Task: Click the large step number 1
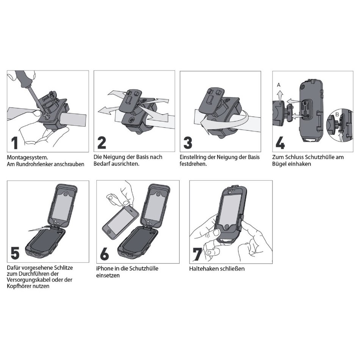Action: click(x=15, y=143)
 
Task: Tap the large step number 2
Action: click(x=102, y=142)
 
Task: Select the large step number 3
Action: click(x=188, y=142)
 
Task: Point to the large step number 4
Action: click(x=280, y=143)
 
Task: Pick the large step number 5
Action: click(x=15, y=253)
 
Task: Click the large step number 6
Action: click(x=105, y=254)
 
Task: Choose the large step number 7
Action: click(x=197, y=254)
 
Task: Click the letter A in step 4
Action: click(x=279, y=85)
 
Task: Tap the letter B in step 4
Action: click(x=337, y=114)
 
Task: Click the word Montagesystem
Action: click(x=27, y=158)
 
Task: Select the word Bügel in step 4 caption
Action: click(x=278, y=164)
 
